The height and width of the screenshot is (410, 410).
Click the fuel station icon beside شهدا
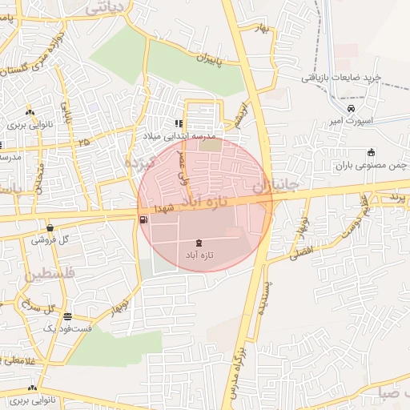[143, 219]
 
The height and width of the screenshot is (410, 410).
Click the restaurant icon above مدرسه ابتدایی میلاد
[179, 123]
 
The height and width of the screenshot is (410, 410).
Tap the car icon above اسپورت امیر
[351, 109]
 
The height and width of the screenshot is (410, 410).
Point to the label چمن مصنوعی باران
[372, 165]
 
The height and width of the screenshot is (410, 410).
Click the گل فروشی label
[52, 239]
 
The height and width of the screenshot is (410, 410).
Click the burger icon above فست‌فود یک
[67, 316]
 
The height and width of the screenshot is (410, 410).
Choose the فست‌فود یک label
[67, 329]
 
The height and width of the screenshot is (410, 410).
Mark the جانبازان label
[275, 185]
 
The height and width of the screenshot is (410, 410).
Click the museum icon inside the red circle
[198, 242]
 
